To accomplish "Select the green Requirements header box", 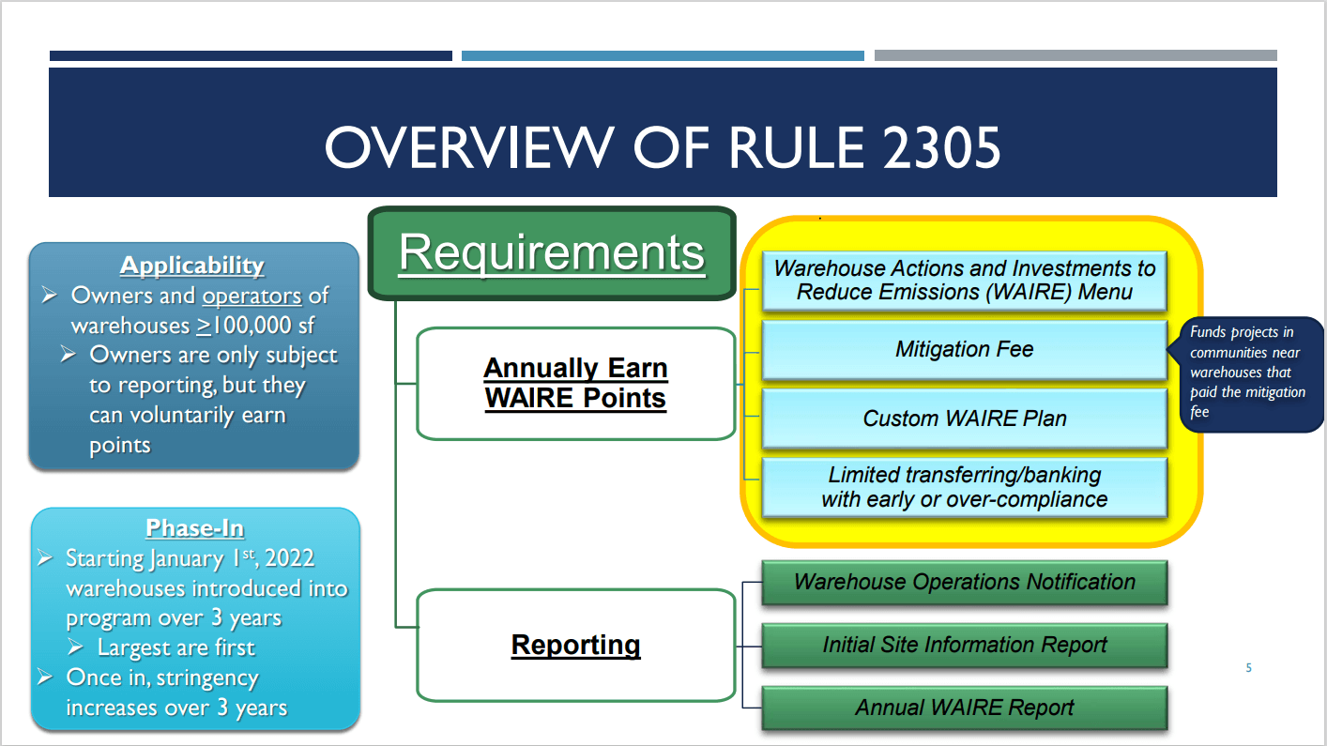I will [552, 252].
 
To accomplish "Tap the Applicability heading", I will [192, 266].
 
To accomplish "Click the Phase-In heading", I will [194, 528].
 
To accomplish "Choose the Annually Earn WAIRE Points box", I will [575, 383].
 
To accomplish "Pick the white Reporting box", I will [575, 646].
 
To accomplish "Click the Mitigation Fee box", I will [964, 350].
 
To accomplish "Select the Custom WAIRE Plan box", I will [964, 419].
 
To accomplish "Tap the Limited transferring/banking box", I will [964, 487].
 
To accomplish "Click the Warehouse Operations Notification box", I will [964, 583].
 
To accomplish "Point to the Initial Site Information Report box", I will [964, 646].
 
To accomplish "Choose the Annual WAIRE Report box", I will [964, 708].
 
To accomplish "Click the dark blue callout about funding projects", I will [1249, 373].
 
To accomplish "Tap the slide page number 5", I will [1248, 668].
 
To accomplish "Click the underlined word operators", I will [252, 296].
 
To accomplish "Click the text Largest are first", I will [175, 647].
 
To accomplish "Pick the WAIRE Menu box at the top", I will [964, 281].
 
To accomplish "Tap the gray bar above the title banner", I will [1075, 56].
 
